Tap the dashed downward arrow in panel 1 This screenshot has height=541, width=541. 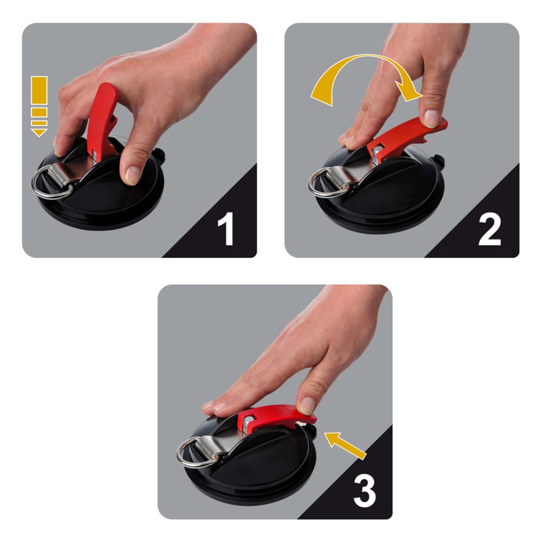point(39,106)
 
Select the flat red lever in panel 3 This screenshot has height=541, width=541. point(275,415)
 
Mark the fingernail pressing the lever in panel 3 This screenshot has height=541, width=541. point(307,406)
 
